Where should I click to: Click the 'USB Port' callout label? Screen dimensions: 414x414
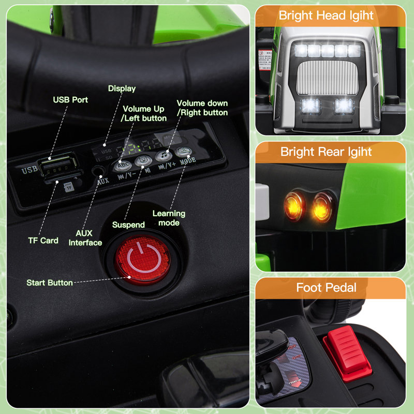point(70,99)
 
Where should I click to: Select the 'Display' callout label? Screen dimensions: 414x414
point(122,88)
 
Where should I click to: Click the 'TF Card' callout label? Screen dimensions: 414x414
point(43,240)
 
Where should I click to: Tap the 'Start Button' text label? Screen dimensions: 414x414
point(50,283)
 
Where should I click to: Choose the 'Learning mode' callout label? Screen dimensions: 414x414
point(169,218)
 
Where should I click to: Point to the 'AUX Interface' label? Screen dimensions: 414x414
point(85,238)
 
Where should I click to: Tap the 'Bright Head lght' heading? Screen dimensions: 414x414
point(326,16)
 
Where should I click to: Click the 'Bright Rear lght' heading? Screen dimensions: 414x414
point(326,152)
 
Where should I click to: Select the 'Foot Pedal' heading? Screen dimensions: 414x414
point(326,287)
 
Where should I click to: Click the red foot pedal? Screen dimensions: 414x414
point(348,352)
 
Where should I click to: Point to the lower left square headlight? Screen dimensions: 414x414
point(310,106)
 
